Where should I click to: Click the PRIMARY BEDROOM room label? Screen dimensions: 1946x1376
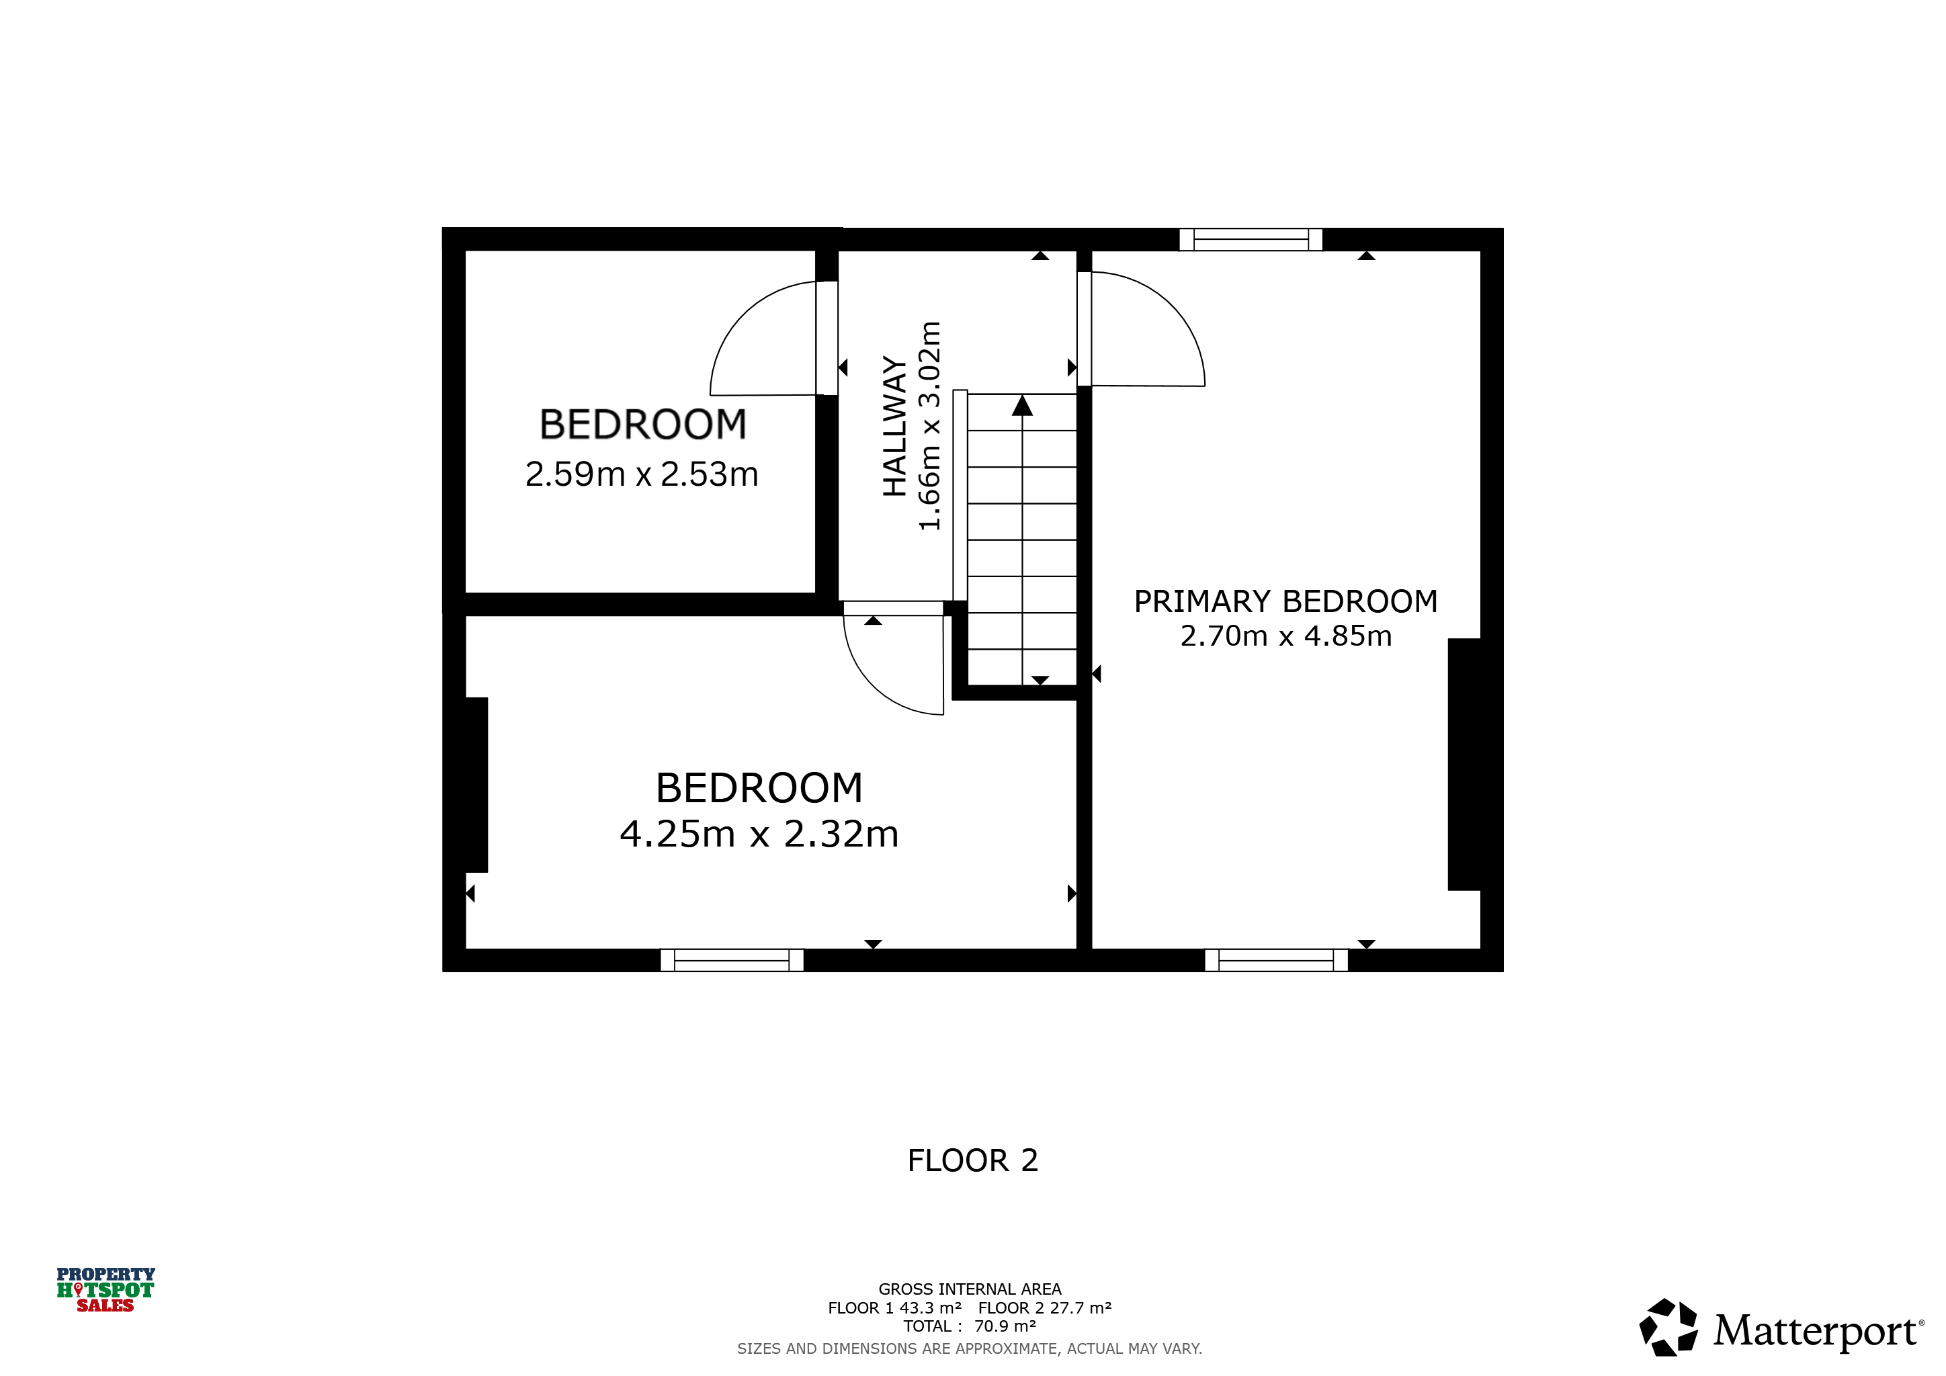(1285, 601)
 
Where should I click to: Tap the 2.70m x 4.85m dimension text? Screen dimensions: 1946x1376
(1285, 636)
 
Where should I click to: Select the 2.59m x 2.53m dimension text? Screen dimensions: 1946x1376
(642, 474)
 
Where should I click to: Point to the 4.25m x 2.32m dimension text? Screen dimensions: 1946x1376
(759, 834)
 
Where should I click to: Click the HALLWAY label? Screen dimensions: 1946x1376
(895, 426)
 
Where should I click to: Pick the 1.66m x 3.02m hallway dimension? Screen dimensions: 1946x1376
(930, 426)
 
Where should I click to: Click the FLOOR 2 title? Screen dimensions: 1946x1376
(973, 1161)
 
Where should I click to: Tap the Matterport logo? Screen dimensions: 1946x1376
(1781, 1328)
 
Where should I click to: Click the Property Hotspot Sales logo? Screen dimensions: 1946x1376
(106, 1289)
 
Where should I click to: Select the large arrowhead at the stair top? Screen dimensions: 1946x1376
(1022, 406)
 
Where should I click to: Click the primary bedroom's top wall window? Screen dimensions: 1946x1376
(1251, 240)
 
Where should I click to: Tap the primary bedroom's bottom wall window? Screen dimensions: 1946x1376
(1277, 960)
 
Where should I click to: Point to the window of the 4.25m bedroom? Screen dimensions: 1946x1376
(732, 960)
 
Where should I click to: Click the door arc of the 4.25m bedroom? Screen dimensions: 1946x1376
(873, 686)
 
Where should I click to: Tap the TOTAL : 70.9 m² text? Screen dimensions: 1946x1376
(970, 1326)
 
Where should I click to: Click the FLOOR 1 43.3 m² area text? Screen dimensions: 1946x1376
(895, 1308)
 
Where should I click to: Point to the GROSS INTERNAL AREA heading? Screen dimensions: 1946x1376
(970, 1289)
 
